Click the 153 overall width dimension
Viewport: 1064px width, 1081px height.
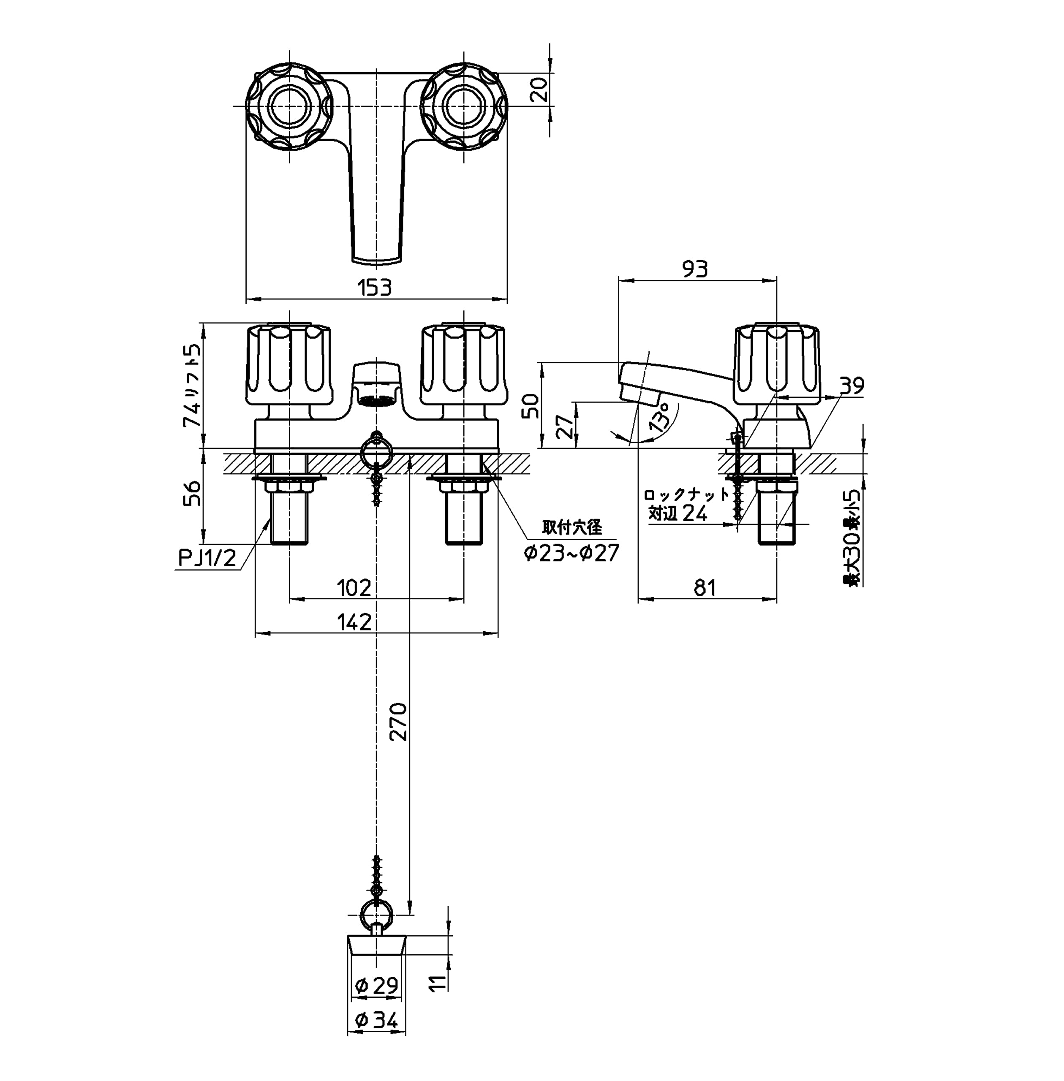[375, 288]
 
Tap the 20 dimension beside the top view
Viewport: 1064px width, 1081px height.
[539, 90]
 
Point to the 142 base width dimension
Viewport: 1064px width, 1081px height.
[354, 622]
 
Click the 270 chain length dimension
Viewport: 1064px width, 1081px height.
[398, 721]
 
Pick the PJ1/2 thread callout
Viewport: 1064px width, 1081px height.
[207, 557]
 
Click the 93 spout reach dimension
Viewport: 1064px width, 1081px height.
[694, 269]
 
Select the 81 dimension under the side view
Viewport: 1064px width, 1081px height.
[705, 588]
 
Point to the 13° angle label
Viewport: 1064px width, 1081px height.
[660, 417]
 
